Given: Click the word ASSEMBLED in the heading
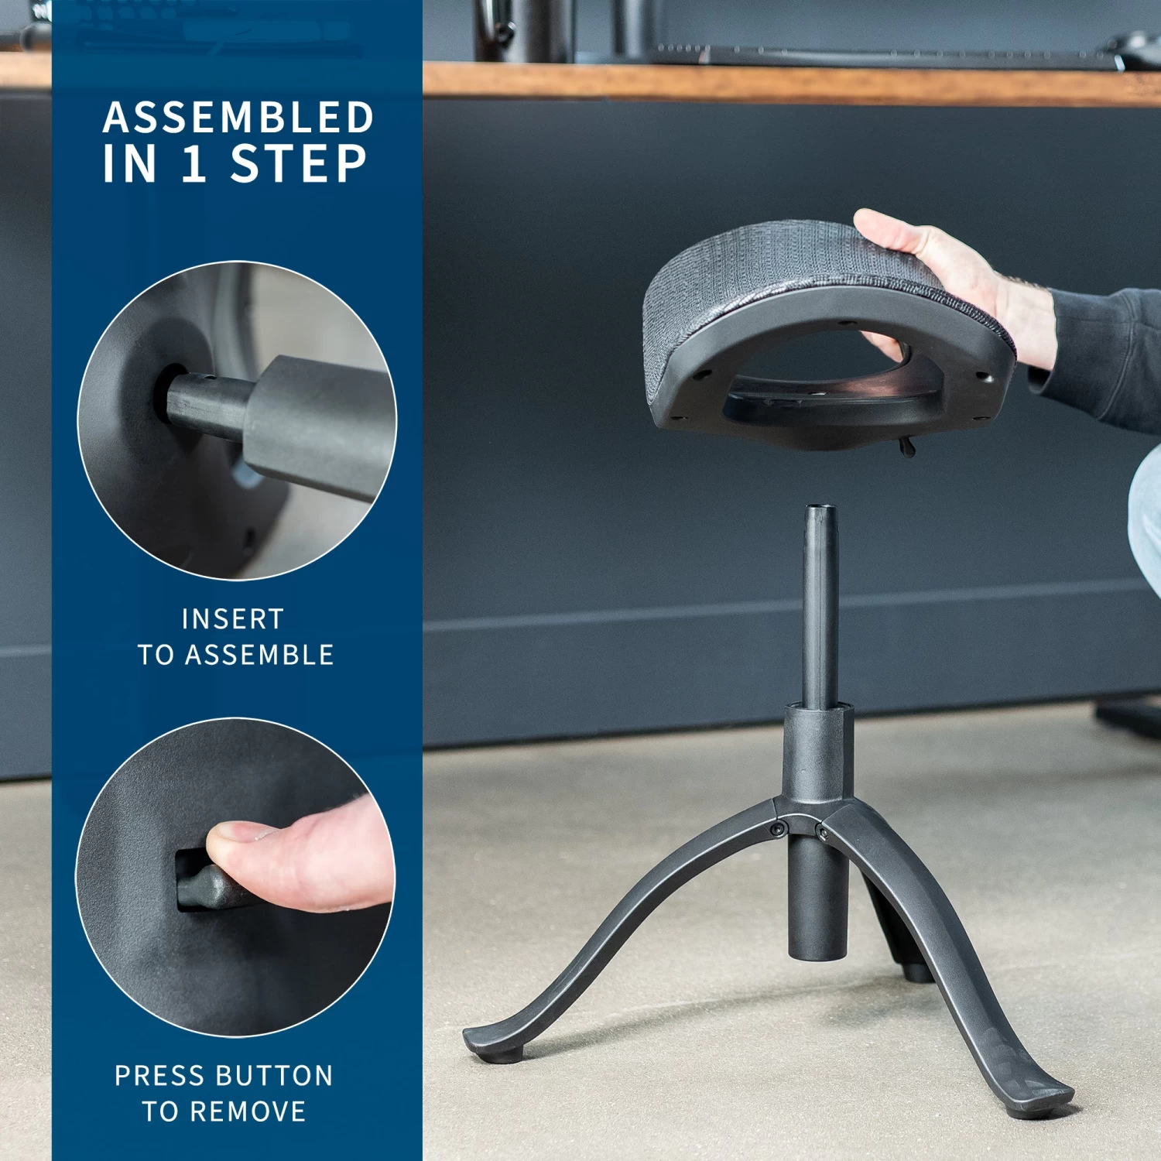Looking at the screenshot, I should [238, 118].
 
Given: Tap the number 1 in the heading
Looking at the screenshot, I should [194, 164].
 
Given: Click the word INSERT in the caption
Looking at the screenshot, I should [233, 619].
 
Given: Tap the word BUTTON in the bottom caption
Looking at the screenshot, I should [274, 1076].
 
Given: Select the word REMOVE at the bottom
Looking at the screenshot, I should [248, 1111].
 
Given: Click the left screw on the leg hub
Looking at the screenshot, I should [776, 829].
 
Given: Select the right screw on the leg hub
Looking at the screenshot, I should [822, 833].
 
